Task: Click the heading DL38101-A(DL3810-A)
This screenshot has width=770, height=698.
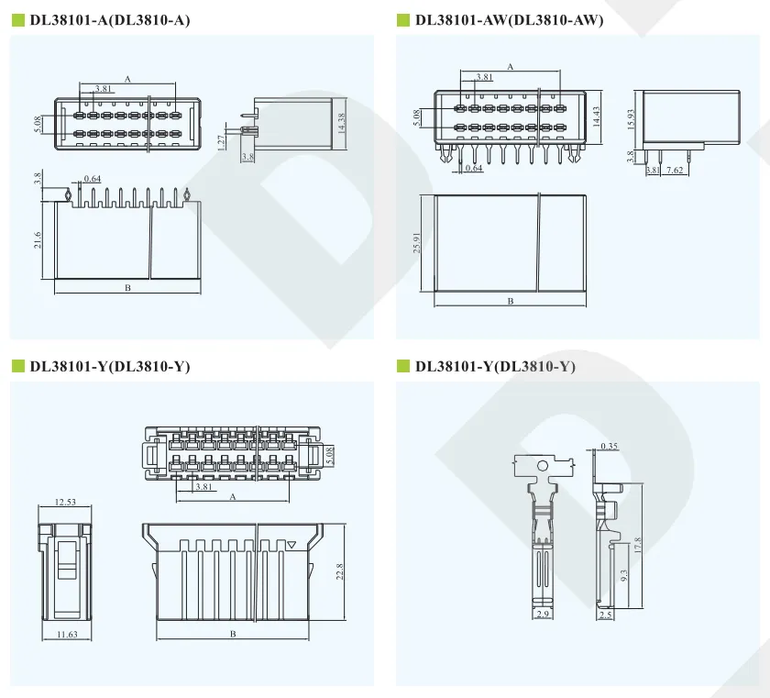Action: (x=109, y=20)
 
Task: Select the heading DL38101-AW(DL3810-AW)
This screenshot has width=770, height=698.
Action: (x=510, y=20)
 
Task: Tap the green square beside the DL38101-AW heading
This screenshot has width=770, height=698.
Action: (x=403, y=20)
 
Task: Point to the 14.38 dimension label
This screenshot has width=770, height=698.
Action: (x=342, y=123)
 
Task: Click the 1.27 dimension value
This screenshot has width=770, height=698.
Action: (x=221, y=141)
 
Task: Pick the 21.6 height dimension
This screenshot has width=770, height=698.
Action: (x=38, y=240)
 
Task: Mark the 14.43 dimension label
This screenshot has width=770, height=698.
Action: (x=597, y=116)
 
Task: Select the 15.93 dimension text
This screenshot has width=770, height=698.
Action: (x=632, y=119)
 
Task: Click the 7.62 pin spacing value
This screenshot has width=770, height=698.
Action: (x=675, y=170)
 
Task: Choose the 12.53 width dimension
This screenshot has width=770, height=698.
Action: (x=65, y=502)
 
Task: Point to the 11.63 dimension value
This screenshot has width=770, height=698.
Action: (x=67, y=634)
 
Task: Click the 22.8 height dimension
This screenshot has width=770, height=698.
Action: (x=339, y=571)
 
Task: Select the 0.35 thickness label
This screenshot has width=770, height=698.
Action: (x=609, y=446)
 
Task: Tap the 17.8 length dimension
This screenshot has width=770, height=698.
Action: (x=638, y=545)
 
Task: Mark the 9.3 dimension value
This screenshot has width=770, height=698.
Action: (x=624, y=575)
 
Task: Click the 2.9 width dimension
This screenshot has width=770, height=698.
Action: (x=543, y=614)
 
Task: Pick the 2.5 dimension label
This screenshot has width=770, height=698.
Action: (x=606, y=615)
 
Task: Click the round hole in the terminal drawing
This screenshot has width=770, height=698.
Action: (x=542, y=465)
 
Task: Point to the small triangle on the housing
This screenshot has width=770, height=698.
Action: (x=291, y=544)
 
